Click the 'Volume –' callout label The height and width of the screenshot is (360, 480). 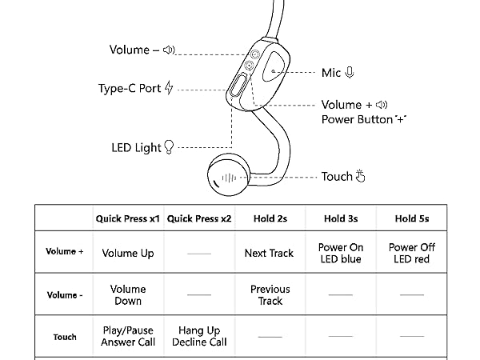coord(134,50)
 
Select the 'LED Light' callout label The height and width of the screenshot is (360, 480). coord(136,148)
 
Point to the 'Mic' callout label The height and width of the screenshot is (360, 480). coord(331,73)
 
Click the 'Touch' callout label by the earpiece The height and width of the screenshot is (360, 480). coord(336,177)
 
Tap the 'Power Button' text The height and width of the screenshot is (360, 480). coord(357,120)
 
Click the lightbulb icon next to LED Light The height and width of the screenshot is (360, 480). coord(168,148)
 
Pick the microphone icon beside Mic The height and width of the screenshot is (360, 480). coord(350,73)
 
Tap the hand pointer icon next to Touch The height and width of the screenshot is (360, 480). coord(360,177)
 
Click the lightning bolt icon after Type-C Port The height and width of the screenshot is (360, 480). coord(169,88)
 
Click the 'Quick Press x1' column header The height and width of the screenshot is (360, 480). coord(128,218)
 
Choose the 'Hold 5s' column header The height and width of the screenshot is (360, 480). coord(411,218)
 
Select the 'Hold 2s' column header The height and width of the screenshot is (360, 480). coord(270,218)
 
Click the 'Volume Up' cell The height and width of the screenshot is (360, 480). coord(128,253)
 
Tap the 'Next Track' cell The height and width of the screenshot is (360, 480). coord(270,253)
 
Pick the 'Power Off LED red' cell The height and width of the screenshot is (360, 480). coord(411,253)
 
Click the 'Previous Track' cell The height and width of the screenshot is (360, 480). coord(270,295)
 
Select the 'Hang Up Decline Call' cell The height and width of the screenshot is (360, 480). coord(199,336)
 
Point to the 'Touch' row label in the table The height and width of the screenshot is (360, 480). coord(65,337)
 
